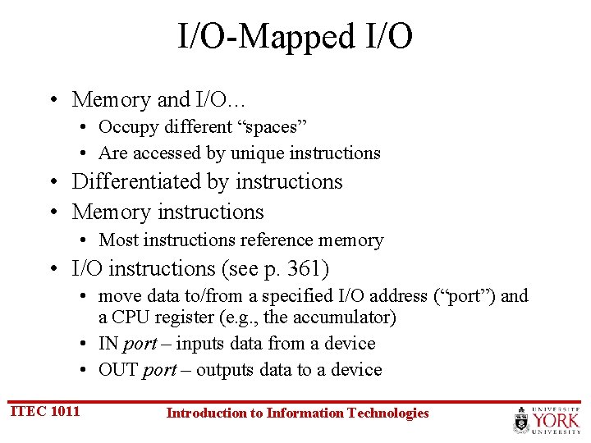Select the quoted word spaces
click(x=273, y=127)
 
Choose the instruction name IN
click(x=108, y=344)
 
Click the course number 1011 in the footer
click(x=65, y=411)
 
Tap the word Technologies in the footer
click(x=387, y=413)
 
